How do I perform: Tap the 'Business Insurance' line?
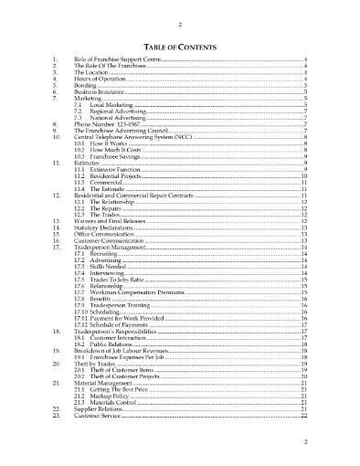(99, 93)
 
